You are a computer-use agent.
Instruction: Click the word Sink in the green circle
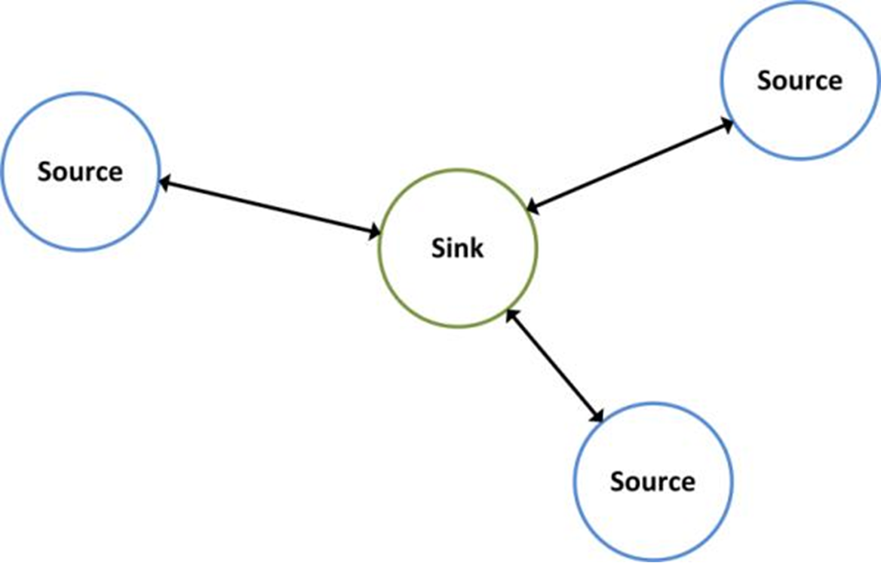[457, 248]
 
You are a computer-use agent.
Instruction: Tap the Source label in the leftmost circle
[80, 172]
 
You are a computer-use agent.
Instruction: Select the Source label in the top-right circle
[800, 80]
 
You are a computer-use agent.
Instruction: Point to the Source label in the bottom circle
[652, 481]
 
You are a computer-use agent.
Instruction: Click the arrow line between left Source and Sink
[269, 207]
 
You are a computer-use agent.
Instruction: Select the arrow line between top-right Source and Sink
[630, 164]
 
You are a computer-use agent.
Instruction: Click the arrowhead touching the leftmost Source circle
[166, 182]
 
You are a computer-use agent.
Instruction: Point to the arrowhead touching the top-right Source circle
[726, 124]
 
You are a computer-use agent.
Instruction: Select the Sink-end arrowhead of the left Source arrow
[373, 234]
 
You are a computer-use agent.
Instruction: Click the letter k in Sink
[476, 248]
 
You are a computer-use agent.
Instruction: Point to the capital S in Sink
[439, 248]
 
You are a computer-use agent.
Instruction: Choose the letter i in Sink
[451, 247]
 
